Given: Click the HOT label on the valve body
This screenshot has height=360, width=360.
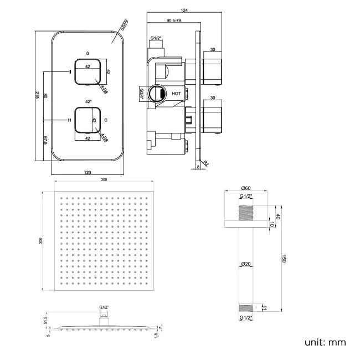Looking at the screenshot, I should point(176,94).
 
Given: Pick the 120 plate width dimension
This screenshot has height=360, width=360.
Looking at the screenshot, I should point(88,172).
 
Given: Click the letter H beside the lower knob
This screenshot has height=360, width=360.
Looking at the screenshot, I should point(69,120).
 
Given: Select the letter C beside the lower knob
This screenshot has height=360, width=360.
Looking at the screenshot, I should point(106,120).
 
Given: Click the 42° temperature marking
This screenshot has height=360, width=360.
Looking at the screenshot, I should point(88,102).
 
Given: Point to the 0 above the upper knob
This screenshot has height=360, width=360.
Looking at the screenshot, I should point(88,53).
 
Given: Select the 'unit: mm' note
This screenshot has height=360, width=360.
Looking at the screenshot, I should point(325,342).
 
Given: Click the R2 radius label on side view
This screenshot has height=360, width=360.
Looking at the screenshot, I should point(205,163).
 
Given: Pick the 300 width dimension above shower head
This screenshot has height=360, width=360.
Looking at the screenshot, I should point(104,179).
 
